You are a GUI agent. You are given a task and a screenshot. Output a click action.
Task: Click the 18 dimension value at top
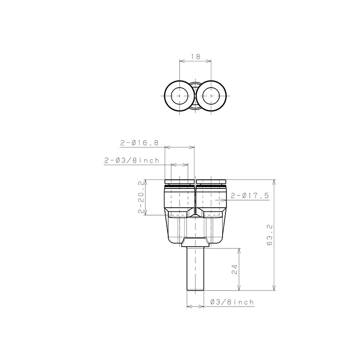point(195,56)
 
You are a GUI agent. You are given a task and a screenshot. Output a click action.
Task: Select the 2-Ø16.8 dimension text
point(139,143)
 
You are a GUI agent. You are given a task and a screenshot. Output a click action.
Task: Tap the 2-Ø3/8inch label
point(132,160)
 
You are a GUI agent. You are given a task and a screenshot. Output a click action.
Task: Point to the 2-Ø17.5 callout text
point(249,196)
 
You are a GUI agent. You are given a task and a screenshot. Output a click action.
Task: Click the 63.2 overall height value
point(270,235)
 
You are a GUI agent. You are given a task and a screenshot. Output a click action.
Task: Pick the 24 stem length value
point(234,270)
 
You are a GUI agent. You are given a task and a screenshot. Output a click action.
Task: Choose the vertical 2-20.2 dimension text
point(141,197)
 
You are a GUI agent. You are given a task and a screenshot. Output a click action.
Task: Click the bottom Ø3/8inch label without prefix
point(232,302)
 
